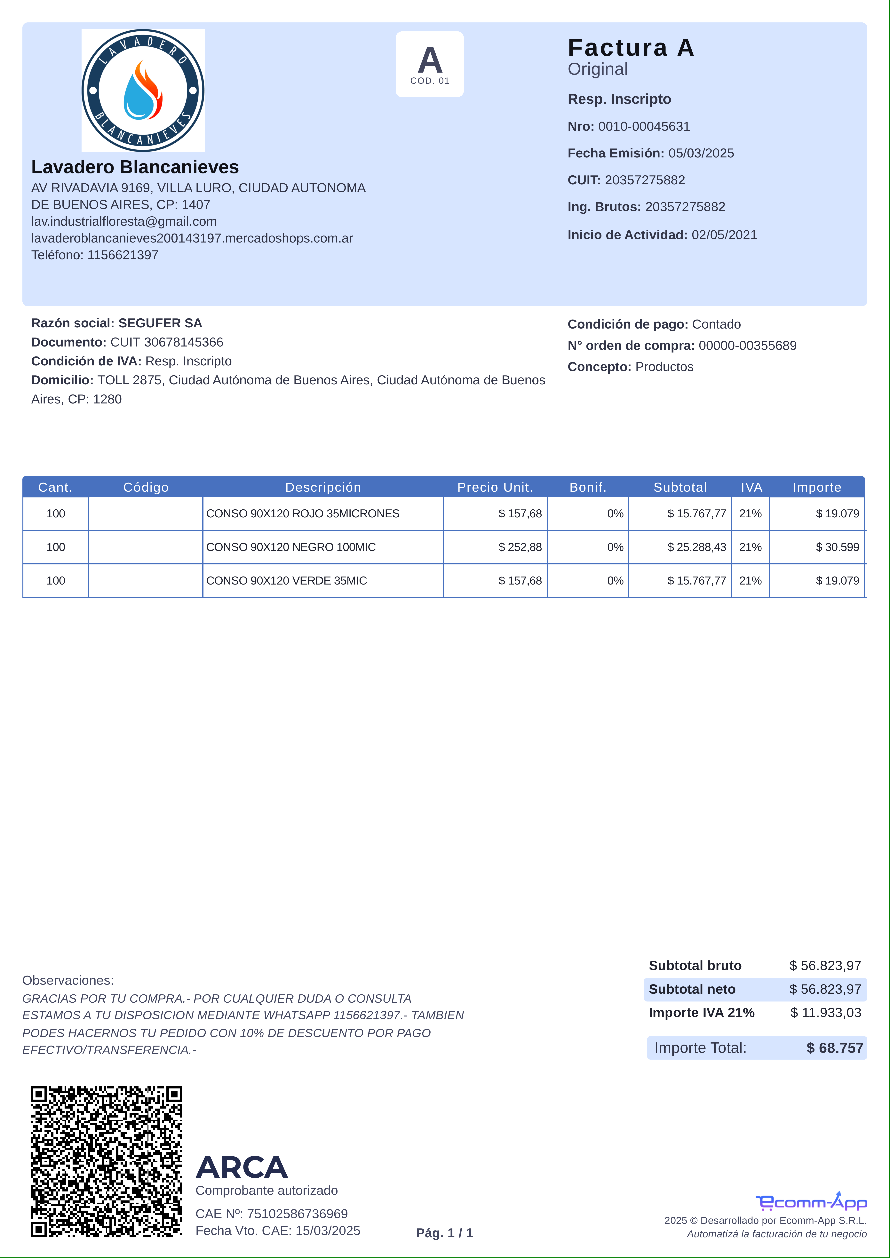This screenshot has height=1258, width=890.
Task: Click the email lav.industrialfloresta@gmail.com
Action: (x=124, y=221)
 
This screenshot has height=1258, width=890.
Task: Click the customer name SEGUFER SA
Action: (x=160, y=323)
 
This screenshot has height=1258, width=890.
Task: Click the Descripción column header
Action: (x=323, y=487)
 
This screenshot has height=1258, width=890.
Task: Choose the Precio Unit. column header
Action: (x=495, y=487)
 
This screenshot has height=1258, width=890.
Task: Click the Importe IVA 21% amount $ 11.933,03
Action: (x=825, y=1013)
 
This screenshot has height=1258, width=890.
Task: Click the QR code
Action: (x=106, y=1162)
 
